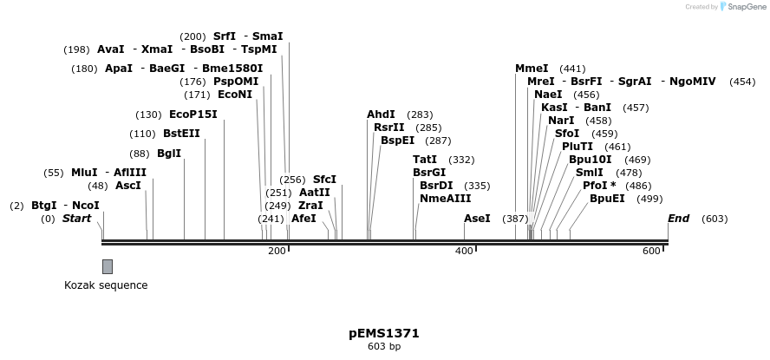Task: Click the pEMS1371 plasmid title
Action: [x=384, y=333]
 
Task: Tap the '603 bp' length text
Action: [x=384, y=347]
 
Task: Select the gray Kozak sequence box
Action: [x=108, y=266]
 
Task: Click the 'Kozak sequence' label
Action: [x=106, y=285]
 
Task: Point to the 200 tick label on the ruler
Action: [x=277, y=251]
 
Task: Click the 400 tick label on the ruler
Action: [x=464, y=251]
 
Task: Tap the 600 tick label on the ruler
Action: [x=651, y=251]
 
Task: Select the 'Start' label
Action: [x=76, y=219]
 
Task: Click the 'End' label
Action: [x=678, y=219]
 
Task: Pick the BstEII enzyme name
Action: [x=181, y=134]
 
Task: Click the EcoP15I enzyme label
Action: [x=193, y=115]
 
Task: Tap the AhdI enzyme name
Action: [x=381, y=115]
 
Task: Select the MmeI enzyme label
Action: [x=532, y=69]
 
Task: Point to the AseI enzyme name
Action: [x=477, y=219]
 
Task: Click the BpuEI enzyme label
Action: [x=607, y=199]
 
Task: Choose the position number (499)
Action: [x=649, y=199]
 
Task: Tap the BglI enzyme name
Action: [x=169, y=154]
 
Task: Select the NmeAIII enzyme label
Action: [x=446, y=199]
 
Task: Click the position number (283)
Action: [x=420, y=115]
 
